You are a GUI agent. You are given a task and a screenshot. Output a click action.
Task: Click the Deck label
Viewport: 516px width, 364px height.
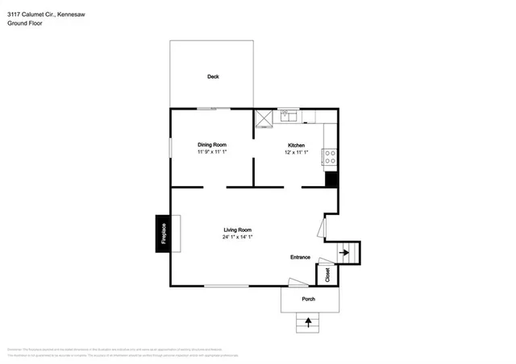click(213, 77)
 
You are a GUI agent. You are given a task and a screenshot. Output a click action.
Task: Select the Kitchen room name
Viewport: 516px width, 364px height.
click(296, 145)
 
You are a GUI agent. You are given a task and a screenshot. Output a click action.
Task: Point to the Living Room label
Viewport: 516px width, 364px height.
click(238, 230)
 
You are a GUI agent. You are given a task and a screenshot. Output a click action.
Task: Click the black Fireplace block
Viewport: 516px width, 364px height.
click(162, 234)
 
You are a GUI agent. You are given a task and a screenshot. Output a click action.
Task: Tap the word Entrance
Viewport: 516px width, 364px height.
click(300, 257)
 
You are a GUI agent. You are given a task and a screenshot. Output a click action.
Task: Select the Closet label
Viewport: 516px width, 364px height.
click(328, 275)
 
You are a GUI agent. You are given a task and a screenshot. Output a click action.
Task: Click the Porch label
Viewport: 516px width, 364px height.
click(308, 300)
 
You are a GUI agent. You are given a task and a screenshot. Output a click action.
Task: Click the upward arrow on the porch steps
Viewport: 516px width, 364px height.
click(308, 323)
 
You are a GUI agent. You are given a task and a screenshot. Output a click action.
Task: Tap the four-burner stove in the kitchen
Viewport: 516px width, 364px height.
click(330, 156)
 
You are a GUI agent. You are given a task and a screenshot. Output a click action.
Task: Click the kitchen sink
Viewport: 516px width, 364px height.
click(289, 117)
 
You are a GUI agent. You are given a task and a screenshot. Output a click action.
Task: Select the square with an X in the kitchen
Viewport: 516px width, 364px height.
click(264, 119)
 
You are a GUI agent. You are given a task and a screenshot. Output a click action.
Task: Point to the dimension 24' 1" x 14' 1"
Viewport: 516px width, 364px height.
click(238, 238)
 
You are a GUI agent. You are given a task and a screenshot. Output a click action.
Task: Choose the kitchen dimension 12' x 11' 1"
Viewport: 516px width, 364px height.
click(296, 152)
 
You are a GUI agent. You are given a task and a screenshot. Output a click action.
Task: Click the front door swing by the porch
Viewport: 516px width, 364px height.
click(295, 283)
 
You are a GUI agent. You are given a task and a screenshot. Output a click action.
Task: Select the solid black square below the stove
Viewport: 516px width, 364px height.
click(331, 178)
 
